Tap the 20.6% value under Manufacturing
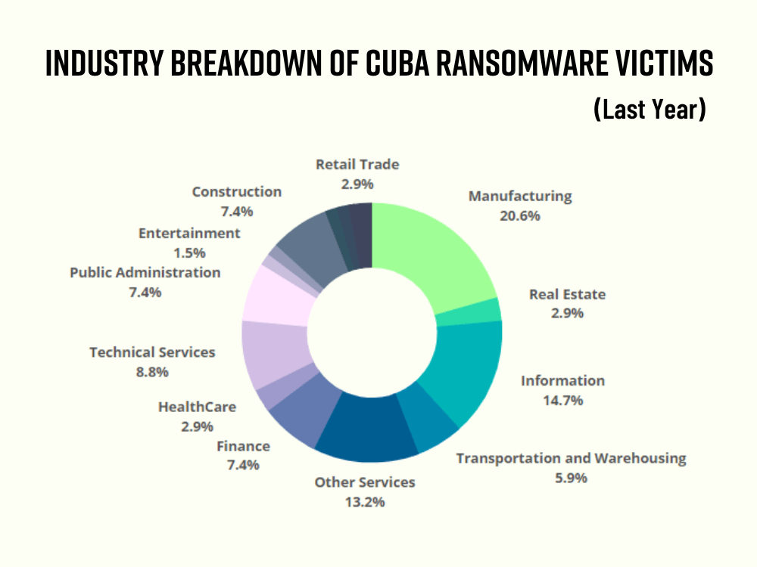coord(520,215)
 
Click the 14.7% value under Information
coord(562,401)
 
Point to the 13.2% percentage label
coord(365,501)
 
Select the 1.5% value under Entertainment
coord(189,253)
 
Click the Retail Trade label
coord(357,164)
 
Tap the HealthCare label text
coord(197,407)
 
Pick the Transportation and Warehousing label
coord(571,458)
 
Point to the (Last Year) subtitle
coord(650,110)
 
